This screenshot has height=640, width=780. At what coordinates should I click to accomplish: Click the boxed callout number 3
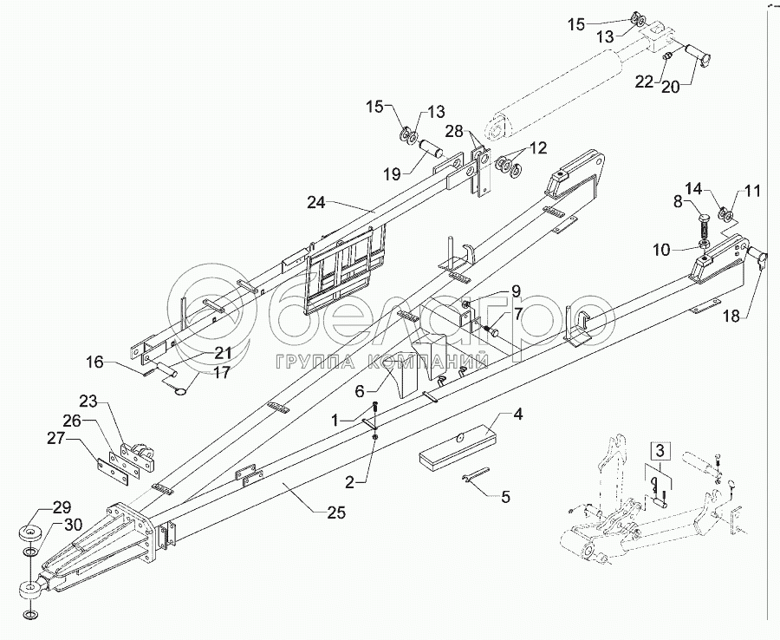click(x=660, y=451)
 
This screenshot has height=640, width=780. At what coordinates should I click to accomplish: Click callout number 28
click(x=456, y=131)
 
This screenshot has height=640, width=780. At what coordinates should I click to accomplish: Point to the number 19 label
click(x=392, y=173)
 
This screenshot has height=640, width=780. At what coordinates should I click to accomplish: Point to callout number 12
click(x=538, y=148)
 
